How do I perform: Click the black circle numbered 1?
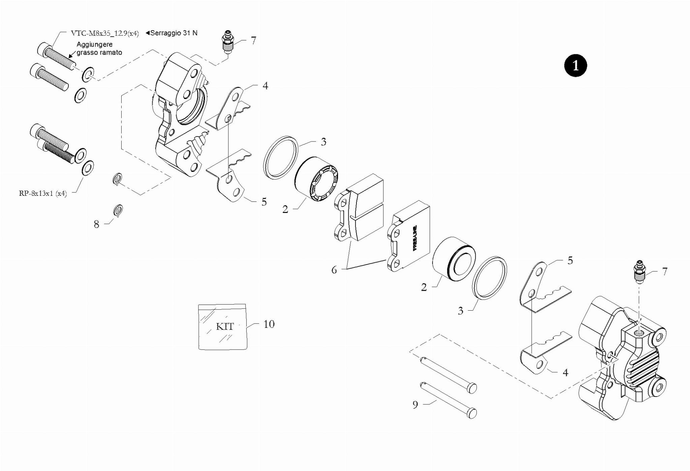tap(575, 65)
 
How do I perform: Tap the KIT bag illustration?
tap(223, 326)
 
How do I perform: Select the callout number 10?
tap(269, 324)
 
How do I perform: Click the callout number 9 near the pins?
tap(415, 405)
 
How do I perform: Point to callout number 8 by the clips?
tap(96, 224)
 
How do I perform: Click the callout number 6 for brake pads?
tap(334, 270)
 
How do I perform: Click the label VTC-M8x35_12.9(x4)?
tap(105, 33)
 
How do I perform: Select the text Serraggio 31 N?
tap(174, 33)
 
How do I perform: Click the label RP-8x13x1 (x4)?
tap(43, 193)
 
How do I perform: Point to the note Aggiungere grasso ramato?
tap(99, 49)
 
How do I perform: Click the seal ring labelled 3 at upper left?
tap(280, 157)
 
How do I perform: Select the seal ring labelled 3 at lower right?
tap(490, 278)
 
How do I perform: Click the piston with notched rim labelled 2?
tap(316, 179)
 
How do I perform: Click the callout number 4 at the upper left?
tap(265, 86)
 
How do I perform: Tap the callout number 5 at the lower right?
tap(570, 260)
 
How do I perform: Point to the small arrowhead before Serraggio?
tap(148, 33)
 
